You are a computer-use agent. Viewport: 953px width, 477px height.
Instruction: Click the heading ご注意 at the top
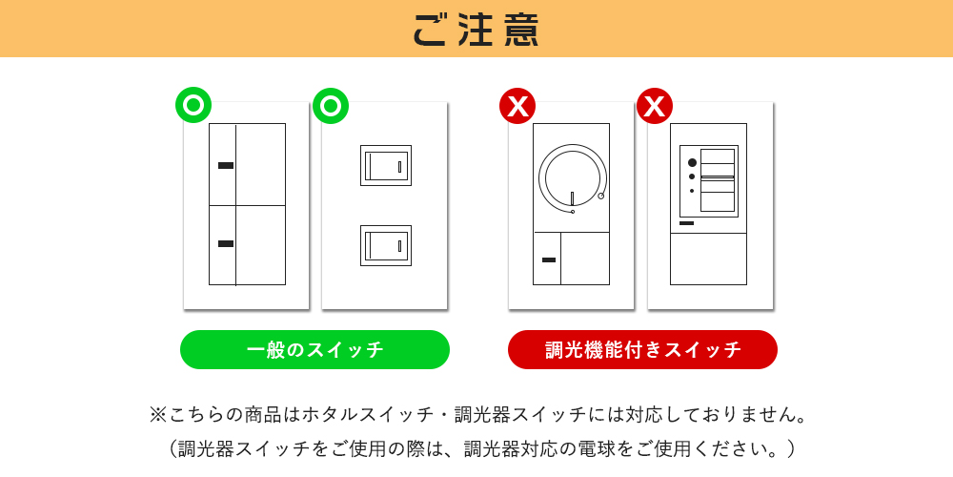476,29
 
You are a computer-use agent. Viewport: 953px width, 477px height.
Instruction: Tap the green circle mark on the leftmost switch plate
193,105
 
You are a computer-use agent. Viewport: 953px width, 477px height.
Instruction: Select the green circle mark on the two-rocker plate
331,105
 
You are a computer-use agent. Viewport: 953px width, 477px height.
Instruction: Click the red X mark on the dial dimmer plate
517,105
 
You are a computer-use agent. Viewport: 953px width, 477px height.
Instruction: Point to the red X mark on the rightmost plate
655,105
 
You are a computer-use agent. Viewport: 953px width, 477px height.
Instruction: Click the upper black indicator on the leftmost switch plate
226,166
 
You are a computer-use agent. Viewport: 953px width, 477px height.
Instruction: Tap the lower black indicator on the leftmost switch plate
226,244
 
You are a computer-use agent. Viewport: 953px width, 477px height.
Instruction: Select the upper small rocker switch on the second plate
386,165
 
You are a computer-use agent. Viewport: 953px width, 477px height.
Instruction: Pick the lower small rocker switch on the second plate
386,245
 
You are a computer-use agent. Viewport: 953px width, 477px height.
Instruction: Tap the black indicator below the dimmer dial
548,259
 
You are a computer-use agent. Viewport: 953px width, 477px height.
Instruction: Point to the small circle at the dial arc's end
601,196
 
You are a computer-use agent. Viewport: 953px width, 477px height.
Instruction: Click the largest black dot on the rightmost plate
692,162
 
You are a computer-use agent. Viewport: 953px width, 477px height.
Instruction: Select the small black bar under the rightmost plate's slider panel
686,223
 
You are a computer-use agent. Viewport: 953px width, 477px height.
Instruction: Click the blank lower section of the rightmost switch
708,259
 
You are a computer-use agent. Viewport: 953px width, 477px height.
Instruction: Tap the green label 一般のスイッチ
314,349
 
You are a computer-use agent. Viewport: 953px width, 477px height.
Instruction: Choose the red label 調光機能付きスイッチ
642,349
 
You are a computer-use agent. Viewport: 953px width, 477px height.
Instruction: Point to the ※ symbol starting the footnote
158,415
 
